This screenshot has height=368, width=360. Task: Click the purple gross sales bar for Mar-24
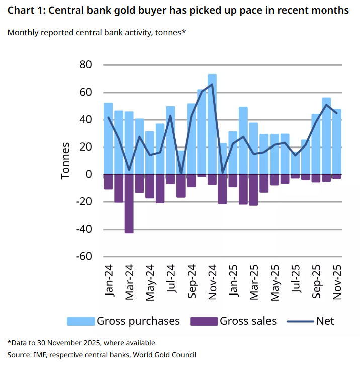(x=129, y=203)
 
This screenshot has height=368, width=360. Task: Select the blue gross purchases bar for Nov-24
(x=212, y=126)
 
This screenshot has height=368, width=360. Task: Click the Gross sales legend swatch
(x=204, y=321)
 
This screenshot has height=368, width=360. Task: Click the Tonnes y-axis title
(x=66, y=161)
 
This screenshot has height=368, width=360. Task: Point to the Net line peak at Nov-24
(x=212, y=84)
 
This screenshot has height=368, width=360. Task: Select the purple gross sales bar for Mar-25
(x=254, y=190)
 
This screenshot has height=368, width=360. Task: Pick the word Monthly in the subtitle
(x=24, y=33)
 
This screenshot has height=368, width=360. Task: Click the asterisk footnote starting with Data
(x=82, y=343)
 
